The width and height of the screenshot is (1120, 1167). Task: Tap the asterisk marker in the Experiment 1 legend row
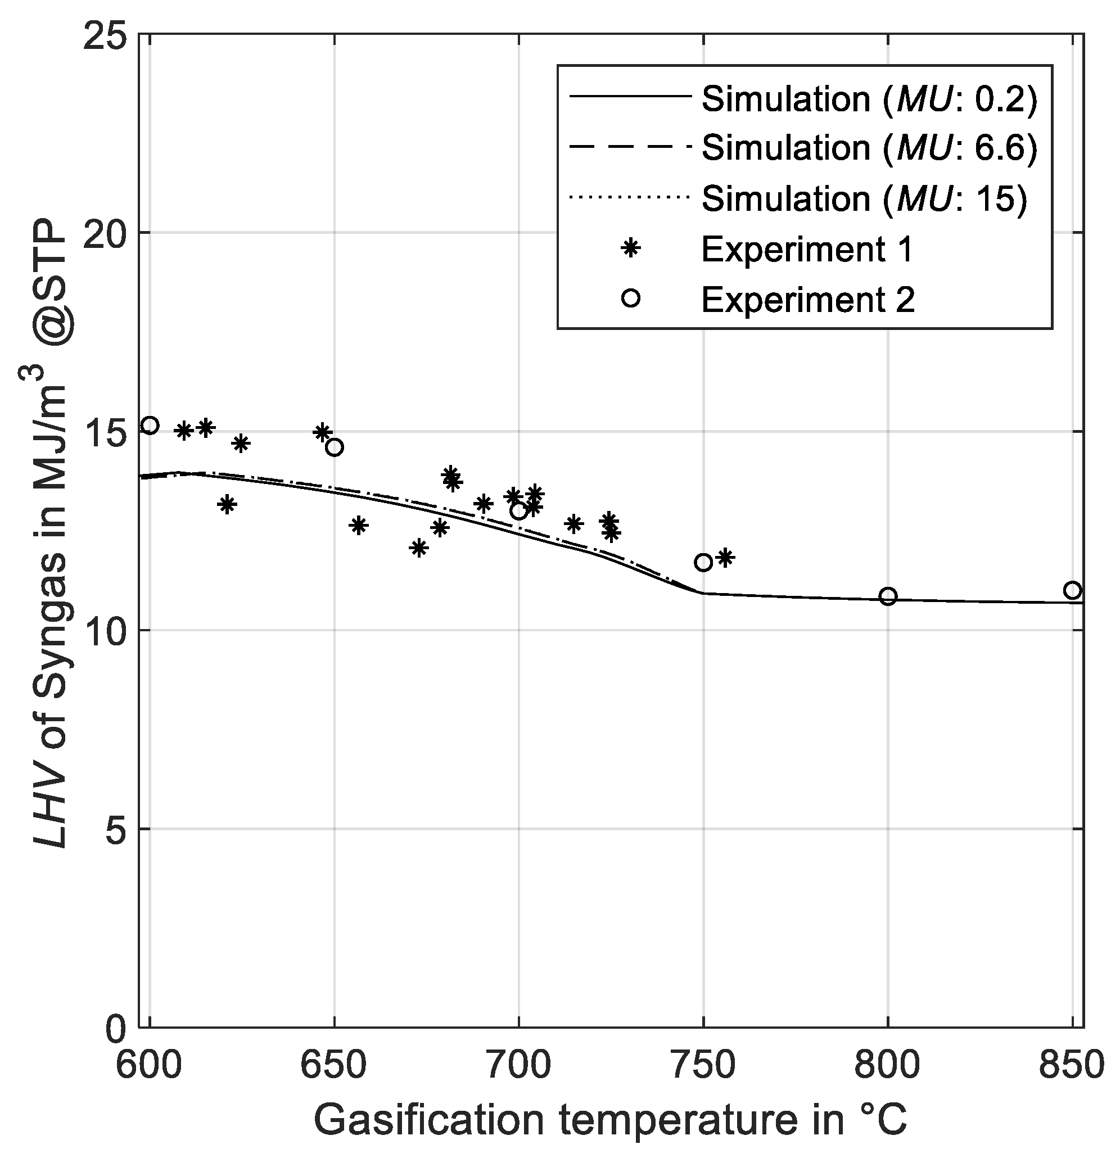630,248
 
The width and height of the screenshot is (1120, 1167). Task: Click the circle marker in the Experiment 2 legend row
630,298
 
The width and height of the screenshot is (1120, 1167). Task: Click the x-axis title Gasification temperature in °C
610,1120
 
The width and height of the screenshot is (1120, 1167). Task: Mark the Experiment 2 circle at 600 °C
150,425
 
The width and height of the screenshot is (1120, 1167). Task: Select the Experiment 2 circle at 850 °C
1072,590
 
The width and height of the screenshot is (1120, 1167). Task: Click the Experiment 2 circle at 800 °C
888,596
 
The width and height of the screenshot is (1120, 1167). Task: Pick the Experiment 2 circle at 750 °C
703,562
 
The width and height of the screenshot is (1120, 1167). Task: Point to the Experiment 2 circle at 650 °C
335,447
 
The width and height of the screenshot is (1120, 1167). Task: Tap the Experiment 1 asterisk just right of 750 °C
725,558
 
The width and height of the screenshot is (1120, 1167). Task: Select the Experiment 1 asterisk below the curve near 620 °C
227,504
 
